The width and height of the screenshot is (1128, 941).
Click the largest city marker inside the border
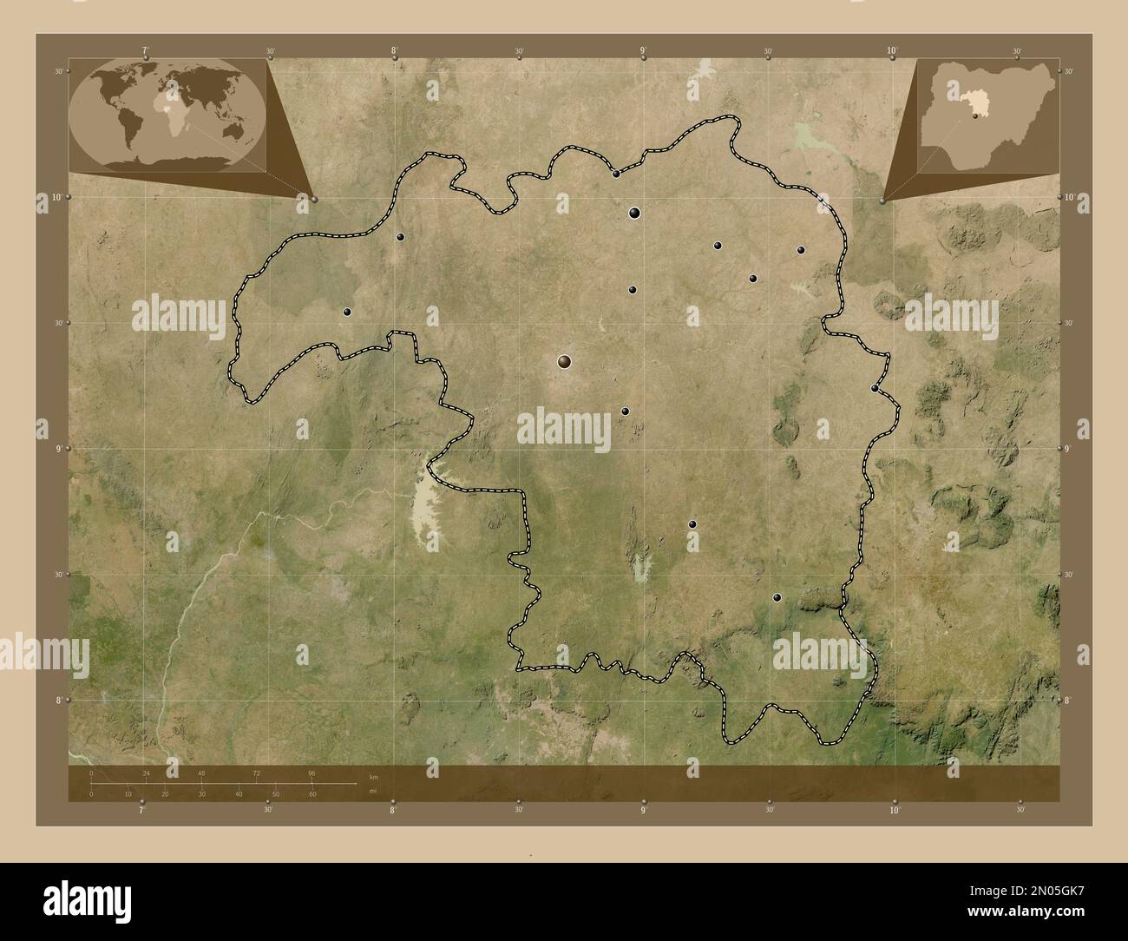pyautogui.click(x=565, y=362)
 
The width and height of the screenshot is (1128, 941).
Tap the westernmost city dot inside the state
pyautogui.click(x=347, y=312)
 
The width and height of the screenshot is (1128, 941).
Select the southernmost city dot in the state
pyautogui.click(x=777, y=597)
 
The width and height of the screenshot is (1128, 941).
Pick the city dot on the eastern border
pyautogui.click(x=875, y=388)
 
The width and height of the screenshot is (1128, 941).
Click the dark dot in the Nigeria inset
pyautogui.click(x=975, y=115)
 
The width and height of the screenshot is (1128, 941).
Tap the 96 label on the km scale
pyautogui.click(x=312, y=773)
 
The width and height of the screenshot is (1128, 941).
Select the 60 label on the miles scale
pyautogui.click(x=312, y=793)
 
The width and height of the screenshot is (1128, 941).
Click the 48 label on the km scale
pyautogui.click(x=201, y=773)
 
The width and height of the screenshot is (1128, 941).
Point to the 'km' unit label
pyautogui.click(x=374, y=776)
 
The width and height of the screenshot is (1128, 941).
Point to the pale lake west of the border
pyautogui.click(x=427, y=512)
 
